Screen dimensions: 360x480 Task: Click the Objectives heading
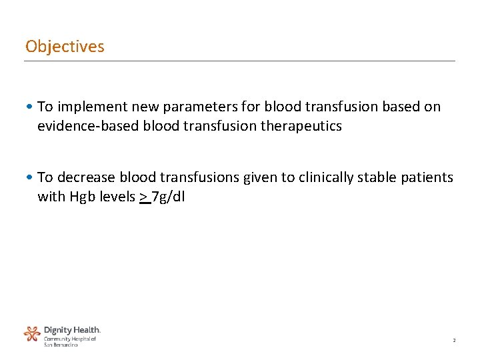pos(65,47)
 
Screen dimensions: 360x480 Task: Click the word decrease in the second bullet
pos(86,177)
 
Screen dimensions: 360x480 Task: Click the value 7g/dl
pos(169,197)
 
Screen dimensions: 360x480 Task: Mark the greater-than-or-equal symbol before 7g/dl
pos(144,197)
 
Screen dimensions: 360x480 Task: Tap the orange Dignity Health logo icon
pos(32,333)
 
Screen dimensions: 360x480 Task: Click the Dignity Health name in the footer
pos(72,330)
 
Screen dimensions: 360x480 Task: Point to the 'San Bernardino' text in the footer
pos(61,345)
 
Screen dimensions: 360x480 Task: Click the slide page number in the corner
pos(454,341)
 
